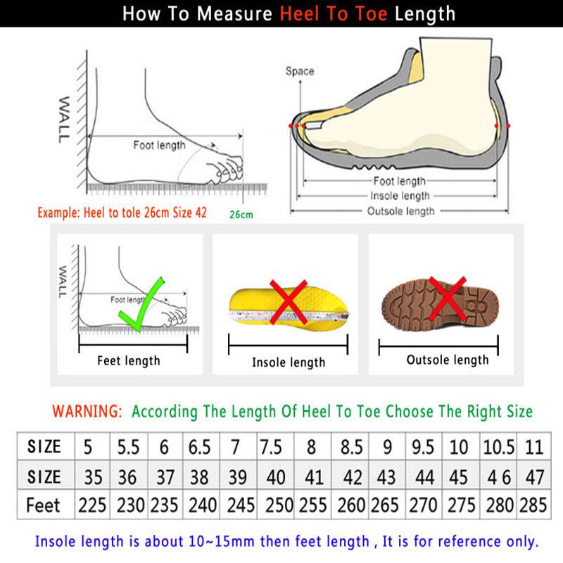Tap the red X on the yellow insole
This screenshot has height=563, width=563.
click(286, 301)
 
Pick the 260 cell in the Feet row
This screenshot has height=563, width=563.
click(351, 505)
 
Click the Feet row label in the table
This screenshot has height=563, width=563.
click(44, 505)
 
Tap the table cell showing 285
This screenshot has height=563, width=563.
click(533, 505)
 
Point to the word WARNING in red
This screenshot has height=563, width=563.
click(88, 410)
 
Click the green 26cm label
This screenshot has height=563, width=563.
click(241, 214)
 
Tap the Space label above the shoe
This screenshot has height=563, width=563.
click(300, 71)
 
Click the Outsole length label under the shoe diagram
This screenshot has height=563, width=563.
click(401, 211)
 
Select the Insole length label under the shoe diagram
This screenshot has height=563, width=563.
click(400, 196)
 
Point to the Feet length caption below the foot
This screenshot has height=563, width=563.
click(129, 361)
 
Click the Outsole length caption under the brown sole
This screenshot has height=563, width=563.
click(448, 360)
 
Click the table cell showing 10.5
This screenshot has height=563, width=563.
click(498, 446)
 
